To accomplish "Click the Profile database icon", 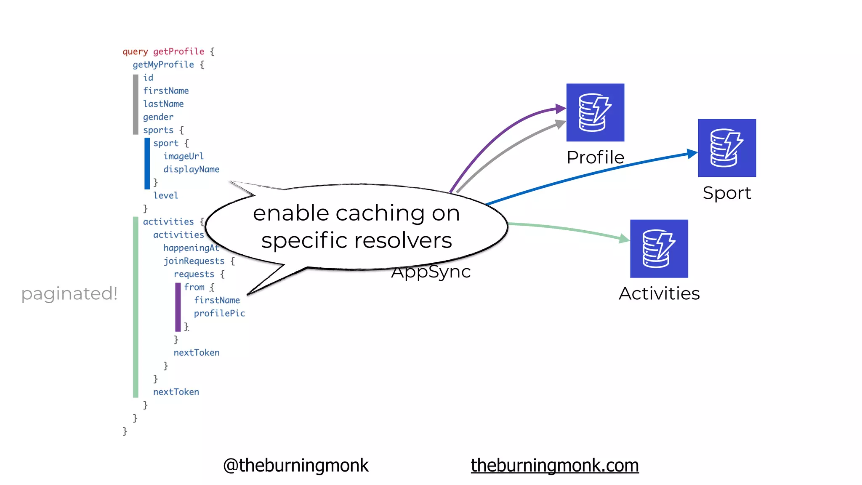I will coord(595,112).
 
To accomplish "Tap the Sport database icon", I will coord(727,148).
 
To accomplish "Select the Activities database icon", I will coord(659,248).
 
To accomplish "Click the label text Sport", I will coord(727,193).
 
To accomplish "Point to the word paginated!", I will coord(69,293).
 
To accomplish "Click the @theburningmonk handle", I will coord(295,465).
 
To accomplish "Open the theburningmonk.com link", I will coord(554,465).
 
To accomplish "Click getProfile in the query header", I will coord(178,51).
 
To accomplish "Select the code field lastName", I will coord(163,104).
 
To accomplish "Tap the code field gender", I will coord(158,117).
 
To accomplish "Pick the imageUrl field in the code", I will coord(184,156).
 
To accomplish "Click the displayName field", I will coord(192,169).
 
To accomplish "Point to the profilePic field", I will coord(219,313).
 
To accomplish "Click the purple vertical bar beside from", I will coord(178,307).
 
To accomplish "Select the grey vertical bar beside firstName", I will coord(136,104).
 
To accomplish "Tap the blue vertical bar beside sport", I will coord(147,163).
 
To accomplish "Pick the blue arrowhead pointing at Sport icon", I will coord(692,153).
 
